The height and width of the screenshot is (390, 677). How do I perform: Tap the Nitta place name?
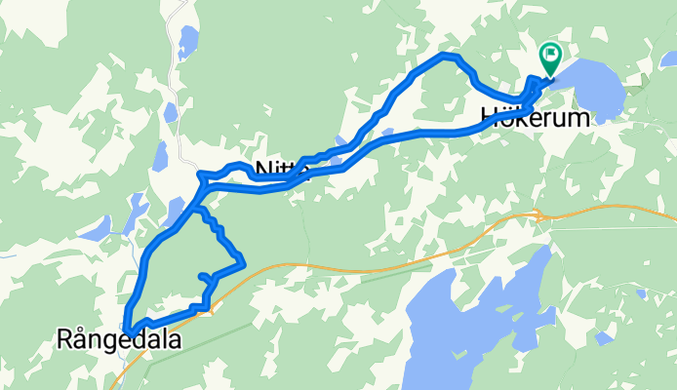pos(282,170)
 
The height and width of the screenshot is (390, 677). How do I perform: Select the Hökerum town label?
pos(536,119)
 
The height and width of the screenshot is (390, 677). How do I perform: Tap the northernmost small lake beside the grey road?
pos(187,41)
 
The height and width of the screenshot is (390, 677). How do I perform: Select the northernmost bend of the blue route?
pos(447,57)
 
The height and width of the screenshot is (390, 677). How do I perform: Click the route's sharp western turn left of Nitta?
pos(201,175)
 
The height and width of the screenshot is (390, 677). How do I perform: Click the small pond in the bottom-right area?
pos(605,337)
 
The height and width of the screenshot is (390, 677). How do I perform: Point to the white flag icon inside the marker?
pos(551,55)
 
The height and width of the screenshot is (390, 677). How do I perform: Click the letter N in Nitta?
pos(261,171)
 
